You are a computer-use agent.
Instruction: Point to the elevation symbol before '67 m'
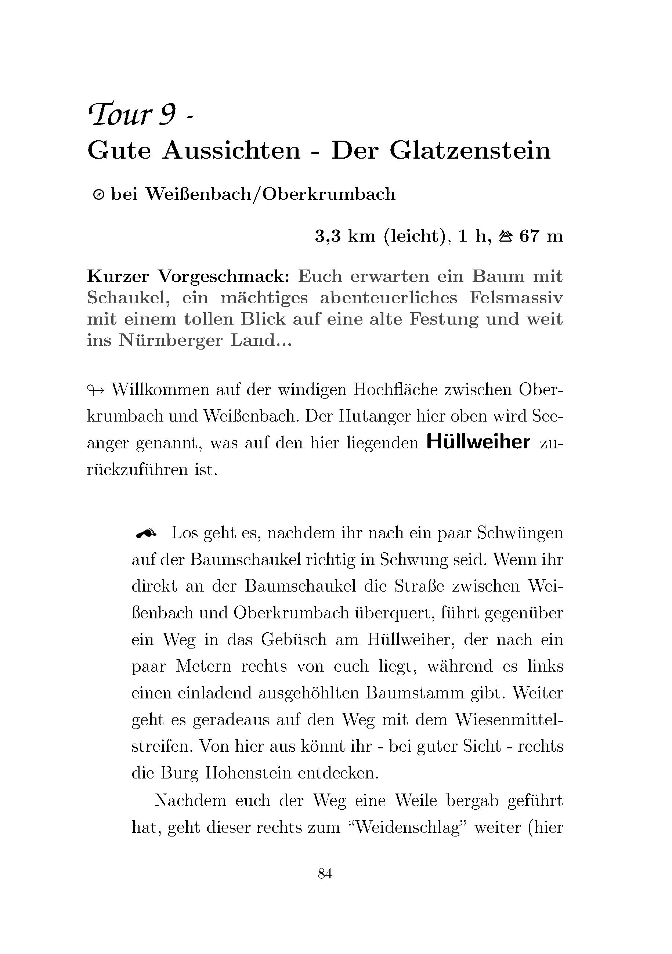pos(505,236)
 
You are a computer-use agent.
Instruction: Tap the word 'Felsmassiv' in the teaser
pos(516,297)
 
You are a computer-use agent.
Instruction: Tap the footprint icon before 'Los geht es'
pos(146,533)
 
